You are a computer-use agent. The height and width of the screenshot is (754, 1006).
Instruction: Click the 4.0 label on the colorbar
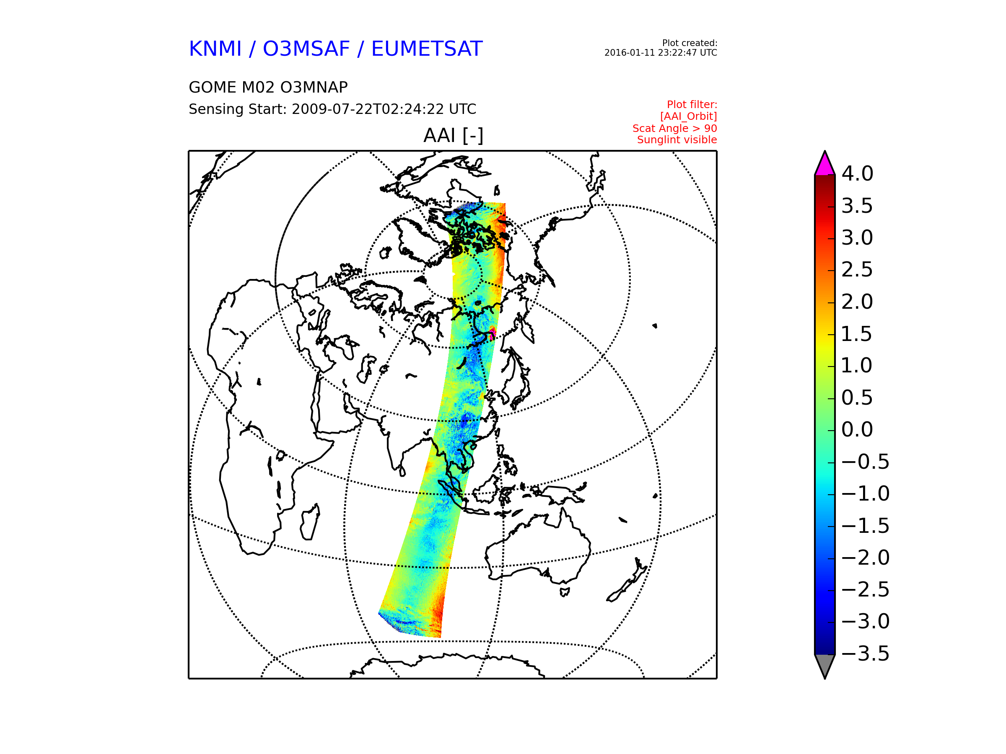pyautogui.click(x=857, y=173)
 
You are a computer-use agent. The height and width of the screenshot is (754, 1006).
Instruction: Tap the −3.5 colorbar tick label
pyautogui.click(x=866, y=653)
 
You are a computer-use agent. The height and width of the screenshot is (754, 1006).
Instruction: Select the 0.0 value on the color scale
pyautogui.click(x=857, y=429)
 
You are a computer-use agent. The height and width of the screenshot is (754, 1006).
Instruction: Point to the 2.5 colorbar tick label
pyautogui.click(x=857, y=269)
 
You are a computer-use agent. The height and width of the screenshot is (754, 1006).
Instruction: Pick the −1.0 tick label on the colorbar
pyautogui.click(x=866, y=493)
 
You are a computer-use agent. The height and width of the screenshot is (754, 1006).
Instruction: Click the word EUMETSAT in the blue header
pyautogui.click(x=427, y=49)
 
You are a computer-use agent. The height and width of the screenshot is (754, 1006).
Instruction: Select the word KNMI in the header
pyautogui.click(x=215, y=49)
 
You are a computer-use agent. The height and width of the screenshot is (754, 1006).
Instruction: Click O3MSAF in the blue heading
pyautogui.click(x=306, y=49)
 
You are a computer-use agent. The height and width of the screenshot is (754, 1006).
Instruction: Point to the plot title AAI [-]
pyautogui.click(x=454, y=135)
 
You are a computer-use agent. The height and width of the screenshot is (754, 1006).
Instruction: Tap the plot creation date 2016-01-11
pyautogui.click(x=627, y=53)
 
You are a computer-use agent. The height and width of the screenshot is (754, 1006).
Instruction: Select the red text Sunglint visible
pyautogui.click(x=677, y=140)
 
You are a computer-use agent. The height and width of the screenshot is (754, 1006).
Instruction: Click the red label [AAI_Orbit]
pyautogui.click(x=689, y=116)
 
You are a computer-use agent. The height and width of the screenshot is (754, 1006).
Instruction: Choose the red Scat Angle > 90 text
pyautogui.click(x=675, y=129)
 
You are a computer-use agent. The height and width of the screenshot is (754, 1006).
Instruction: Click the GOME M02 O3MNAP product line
pyautogui.click(x=268, y=87)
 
